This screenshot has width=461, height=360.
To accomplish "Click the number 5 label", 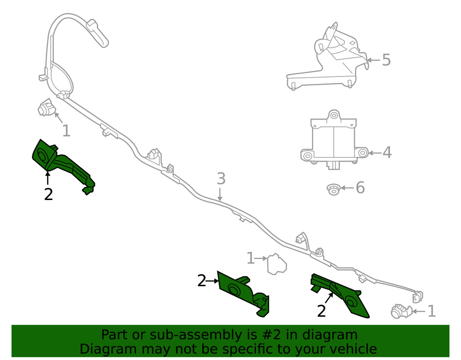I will [386, 60].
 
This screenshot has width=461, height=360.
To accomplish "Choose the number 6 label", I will [360, 188].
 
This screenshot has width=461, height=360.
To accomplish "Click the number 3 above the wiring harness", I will [221, 178].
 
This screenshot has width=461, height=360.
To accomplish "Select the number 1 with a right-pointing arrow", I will [250, 258].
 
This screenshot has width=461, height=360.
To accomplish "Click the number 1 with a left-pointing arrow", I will [431, 311].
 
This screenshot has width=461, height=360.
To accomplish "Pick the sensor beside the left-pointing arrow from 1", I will [400, 312].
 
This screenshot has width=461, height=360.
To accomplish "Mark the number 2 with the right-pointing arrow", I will [201, 280].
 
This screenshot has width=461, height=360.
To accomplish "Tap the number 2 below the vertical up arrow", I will [48, 194].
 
